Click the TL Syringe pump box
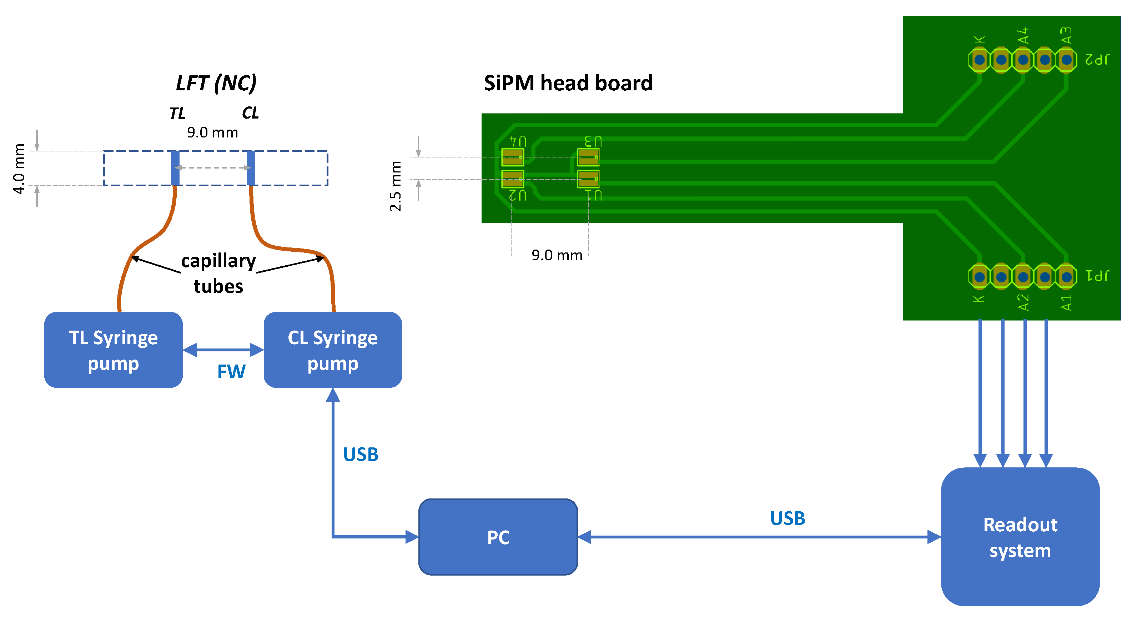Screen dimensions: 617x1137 (114, 350)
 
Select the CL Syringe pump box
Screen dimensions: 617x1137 (333, 350)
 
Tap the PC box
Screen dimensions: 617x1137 (498, 537)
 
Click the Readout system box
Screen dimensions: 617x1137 (1020, 537)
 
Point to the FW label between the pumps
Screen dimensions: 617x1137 (231, 372)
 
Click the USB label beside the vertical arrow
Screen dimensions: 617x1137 (361, 455)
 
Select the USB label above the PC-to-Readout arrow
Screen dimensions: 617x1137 (788, 518)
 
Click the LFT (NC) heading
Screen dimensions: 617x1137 (216, 83)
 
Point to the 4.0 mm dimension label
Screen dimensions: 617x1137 (19, 169)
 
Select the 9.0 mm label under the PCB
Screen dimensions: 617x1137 (557, 255)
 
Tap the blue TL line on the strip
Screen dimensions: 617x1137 (175, 168)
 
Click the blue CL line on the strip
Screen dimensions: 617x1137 (251, 168)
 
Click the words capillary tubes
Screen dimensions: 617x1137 (218, 273)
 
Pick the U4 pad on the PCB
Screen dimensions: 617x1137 (512, 157)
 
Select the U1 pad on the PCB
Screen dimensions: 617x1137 (588, 179)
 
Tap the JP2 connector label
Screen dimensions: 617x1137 (1097, 59)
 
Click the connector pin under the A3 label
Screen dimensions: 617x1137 (1066, 60)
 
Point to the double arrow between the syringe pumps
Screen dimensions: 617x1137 (223, 350)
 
